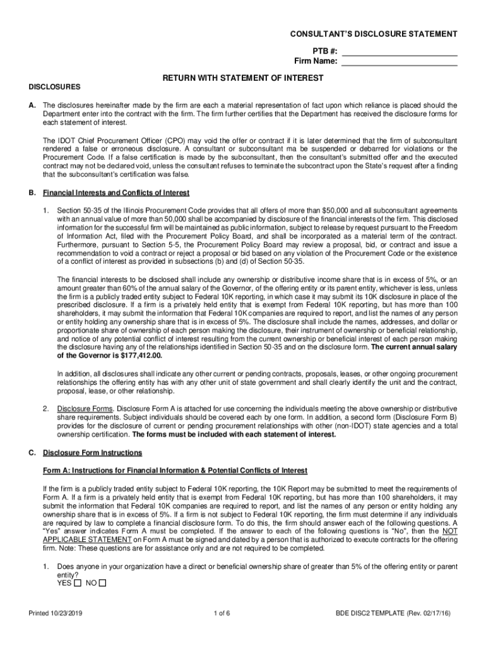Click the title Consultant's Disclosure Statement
[x=365, y=33]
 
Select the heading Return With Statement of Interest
[x=243, y=78]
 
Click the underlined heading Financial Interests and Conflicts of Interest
[x=116, y=192]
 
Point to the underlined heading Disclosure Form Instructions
[x=92, y=453]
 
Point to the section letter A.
[x=32, y=105]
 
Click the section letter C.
[x=32, y=453]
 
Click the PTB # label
[x=324, y=52]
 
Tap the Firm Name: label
[x=316, y=62]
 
